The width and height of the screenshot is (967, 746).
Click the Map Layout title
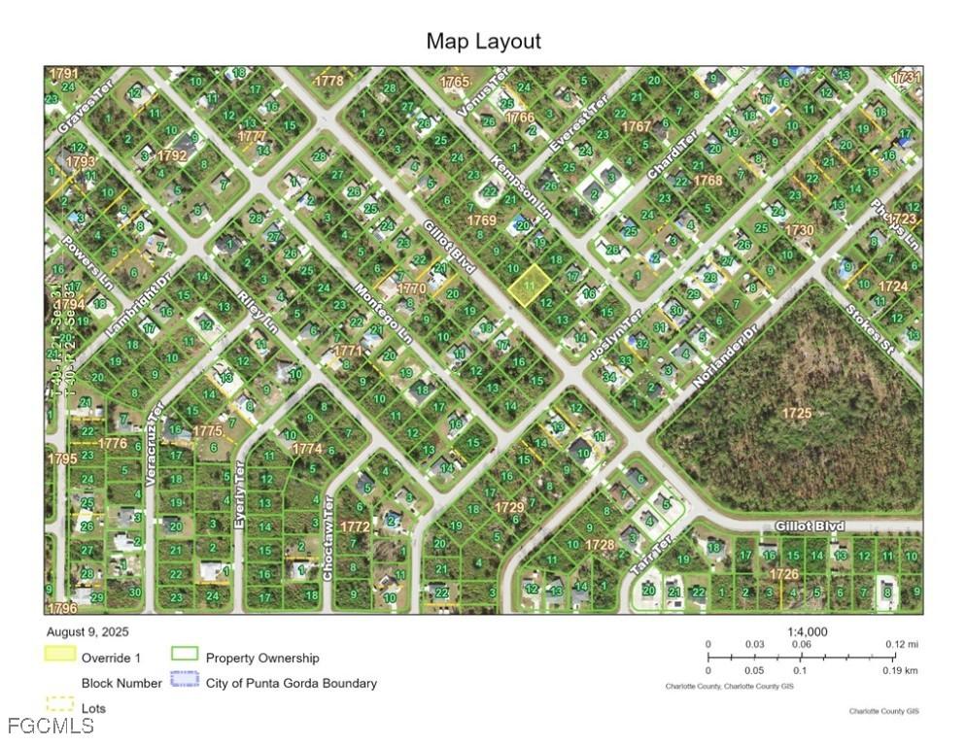pyautogui.click(x=483, y=42)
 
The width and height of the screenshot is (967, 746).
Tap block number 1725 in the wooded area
pyautogui.click(x=796, y=413)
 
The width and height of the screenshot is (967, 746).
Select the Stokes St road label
pyautogui.click(x=868, y=328)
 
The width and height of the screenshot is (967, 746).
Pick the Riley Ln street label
pyautogui.click(x=258, y=314)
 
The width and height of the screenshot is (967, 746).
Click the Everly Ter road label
pyautogui.click(x=240, y=496)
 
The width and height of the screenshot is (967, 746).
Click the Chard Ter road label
pyautogui.click(x=673, y=155)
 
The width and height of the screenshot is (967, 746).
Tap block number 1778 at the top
pyautogui.click(x=328, y=81)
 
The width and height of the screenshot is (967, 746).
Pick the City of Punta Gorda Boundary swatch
pyautogui.click(x=185, y=681)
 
